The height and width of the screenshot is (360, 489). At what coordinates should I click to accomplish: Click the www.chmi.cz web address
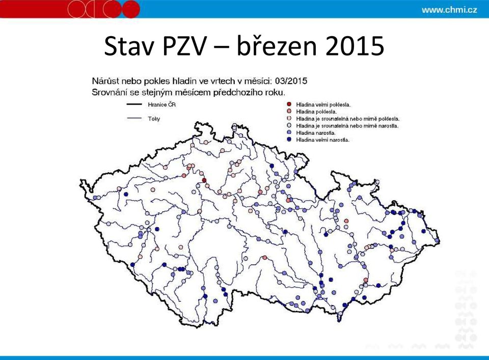(x=449, y=10)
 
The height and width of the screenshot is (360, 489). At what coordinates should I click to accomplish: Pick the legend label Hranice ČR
(x=161, y=105)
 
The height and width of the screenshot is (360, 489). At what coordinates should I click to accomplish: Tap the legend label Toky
(x=154, y=119)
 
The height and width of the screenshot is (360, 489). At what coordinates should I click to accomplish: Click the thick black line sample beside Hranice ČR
(x=134, y=105)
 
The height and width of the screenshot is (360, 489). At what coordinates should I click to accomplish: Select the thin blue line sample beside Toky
(x=134, y=119)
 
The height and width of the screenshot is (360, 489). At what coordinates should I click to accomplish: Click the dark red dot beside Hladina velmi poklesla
(x=289, y=104)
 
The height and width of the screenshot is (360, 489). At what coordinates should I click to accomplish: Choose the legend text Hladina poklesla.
(x=316, y=112)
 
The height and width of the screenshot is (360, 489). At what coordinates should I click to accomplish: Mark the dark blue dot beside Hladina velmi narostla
(x=289, y=140)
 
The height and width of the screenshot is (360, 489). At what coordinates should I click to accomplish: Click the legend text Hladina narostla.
(x=316, y=133)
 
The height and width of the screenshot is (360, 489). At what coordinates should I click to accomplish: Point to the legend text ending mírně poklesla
(x=348, y=119)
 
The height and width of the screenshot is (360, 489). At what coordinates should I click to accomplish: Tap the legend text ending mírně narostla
(x=347, y=126)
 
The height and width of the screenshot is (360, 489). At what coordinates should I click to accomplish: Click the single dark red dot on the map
(x=204, y=180)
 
